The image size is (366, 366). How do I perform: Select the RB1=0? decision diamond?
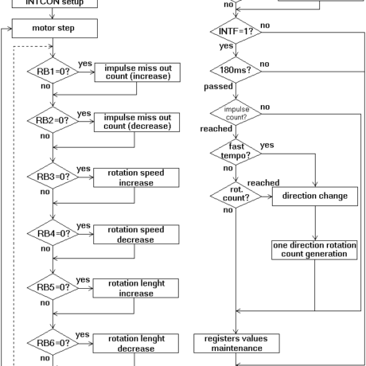coord(53,72)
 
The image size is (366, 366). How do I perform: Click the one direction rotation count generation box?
coord(314,250)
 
